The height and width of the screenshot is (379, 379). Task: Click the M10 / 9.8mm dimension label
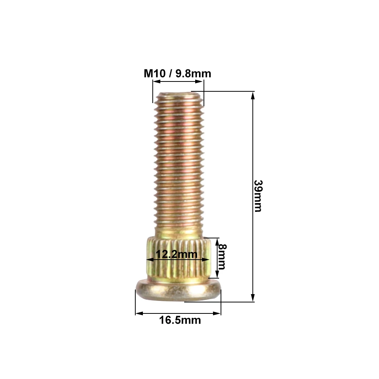coord(177,73)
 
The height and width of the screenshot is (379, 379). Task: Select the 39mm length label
coord(258,196)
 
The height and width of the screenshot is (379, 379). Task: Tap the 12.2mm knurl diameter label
coord(177,254)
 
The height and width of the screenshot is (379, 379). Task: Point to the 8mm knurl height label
coord(222,257)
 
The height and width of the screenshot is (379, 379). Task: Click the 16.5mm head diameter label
coord(180,320)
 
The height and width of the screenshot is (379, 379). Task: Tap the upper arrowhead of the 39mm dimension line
coord(253,95)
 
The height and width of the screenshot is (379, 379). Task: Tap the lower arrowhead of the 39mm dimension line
coord(253,298)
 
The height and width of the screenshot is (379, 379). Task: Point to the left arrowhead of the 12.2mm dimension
coord(149,260)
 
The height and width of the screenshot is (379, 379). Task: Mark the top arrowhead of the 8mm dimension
coord(217,241)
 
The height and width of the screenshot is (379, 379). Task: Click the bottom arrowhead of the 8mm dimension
coord(217,275)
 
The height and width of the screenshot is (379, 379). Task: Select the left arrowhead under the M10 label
coord(155,81)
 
